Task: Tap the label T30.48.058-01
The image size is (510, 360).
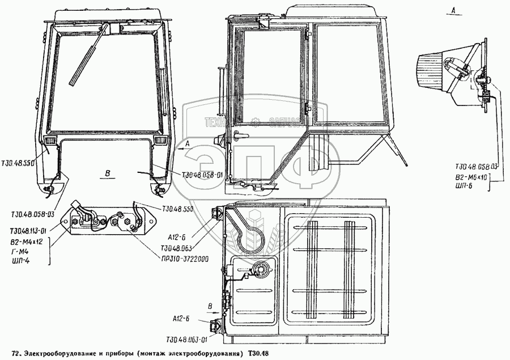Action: click(203, 174)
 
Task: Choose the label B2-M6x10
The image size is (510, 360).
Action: click(475, 177)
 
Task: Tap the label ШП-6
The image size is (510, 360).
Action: click(468, 185)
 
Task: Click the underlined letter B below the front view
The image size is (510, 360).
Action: click(107, 171)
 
